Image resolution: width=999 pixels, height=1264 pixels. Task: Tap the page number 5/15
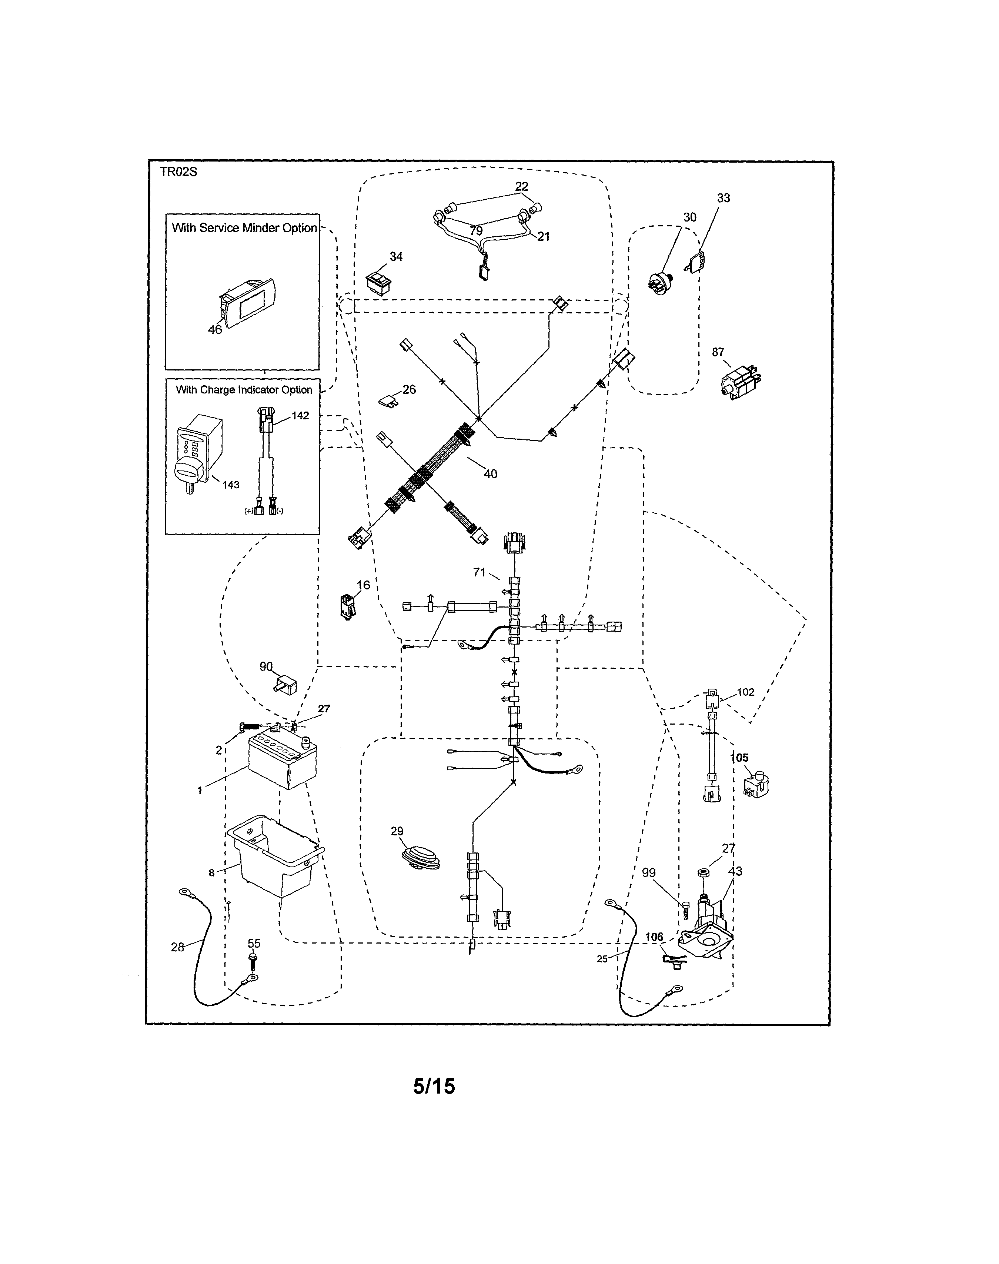click(x=434, y=1086)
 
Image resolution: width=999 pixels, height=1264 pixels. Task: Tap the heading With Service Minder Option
click(x=244, y=227)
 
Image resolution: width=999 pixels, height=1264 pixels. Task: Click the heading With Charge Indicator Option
click(x=244, y=390)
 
